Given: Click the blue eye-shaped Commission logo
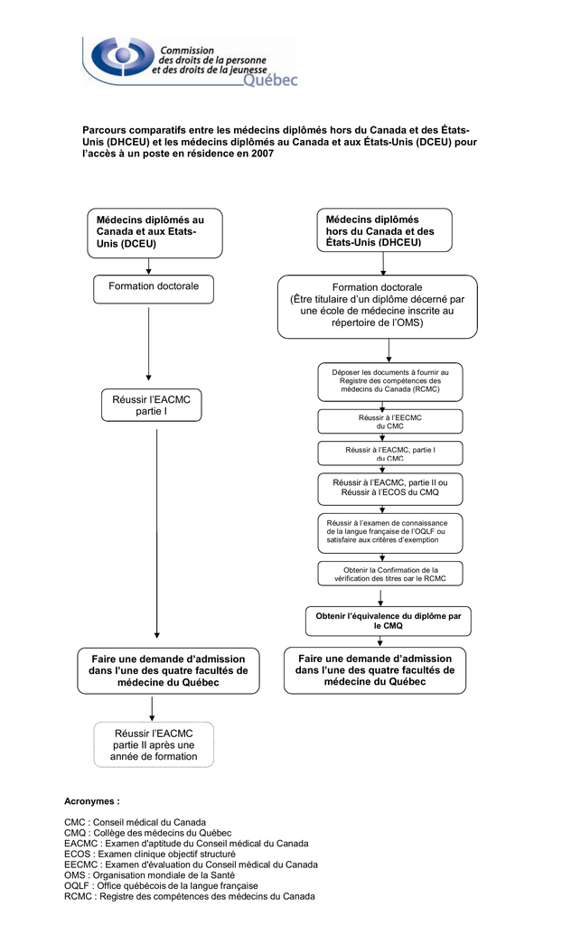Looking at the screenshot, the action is pyautogui.click(x=121, y=57).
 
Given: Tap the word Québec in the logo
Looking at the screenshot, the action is pyautogui.click(x=270, y=79).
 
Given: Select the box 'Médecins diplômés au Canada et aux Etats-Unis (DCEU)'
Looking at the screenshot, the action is pyautogui.click(x=155, y=233).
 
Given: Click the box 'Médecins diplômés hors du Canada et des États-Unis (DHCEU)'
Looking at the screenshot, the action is pyautogui.click(x=384, y=230).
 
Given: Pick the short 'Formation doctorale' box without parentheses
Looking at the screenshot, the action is pyautogui.click(x=154, y=290).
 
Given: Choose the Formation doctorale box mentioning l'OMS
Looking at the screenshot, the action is pyautogui.click(x=377, y=307).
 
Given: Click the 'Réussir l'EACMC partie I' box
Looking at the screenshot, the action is pyautogui.click(x=151, y=405).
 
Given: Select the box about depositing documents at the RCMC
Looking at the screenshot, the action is pyautogui.click(x=390, y=382).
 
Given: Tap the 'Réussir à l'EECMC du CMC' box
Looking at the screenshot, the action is pyautogui.click(x=390, y=421).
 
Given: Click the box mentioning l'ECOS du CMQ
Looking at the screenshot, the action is pyautogui.click(x=390, y=489).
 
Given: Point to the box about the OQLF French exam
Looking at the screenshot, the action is pyautogui.click(x=390, y=533).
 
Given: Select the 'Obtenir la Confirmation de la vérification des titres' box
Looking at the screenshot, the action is pyautogui.click(x=390, y=574).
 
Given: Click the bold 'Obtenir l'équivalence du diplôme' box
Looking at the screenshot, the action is pyautogui.click(x=389, y=621).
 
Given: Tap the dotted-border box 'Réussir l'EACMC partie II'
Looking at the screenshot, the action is pyautogui.click(x=154, y=744).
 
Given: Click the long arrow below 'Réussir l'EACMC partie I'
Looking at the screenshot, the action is pyautogui.click(x=157, y=534).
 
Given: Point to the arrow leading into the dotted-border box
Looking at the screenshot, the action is pyautogui.click(x=153, y=709).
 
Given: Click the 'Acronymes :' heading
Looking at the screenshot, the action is pyautogui.click(x=92, y=801).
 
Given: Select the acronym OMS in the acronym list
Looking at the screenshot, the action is pyautogui.click(x=75, y=874).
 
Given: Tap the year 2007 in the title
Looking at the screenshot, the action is pyautogui.click(x=262, y=154).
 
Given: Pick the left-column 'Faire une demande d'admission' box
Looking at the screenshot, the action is pyautogui.click(x=168, y=671).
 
